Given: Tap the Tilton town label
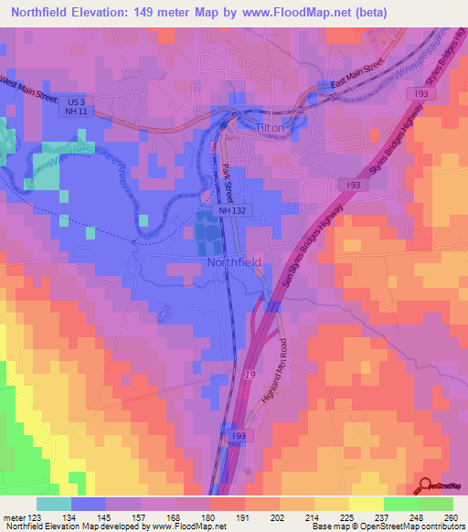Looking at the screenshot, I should coord(271,129).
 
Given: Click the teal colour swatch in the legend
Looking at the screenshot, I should coord(54,504).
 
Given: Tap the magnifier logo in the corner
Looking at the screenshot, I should coord(425,486).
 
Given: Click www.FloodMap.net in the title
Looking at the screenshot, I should coord(272,13).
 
